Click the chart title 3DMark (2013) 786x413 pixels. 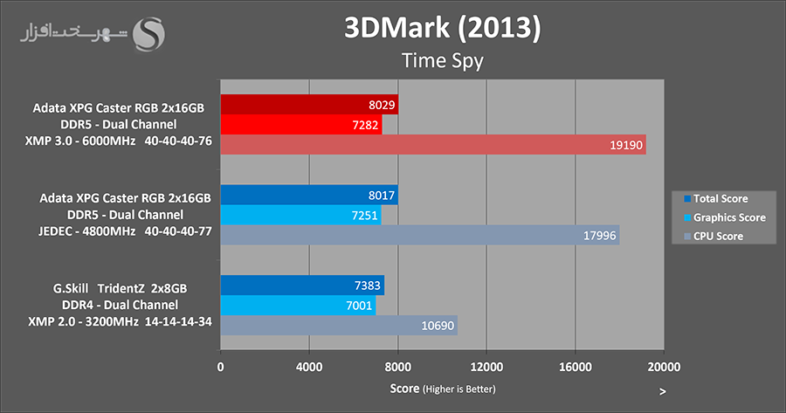click(442, 28)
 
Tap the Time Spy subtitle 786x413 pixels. click(442, 60)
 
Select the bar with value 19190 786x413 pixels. click(433, 145)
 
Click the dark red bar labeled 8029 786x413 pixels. click(309, 105)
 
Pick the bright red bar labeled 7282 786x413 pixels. click(301, 125)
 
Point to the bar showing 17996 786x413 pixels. click(420, 235)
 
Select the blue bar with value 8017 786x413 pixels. click(309, 195)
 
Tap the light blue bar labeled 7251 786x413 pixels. click(300, 215)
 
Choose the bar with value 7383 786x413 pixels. click(302, 286)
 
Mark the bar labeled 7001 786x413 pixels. click(298, 305)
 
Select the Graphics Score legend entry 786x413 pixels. click(724, 217)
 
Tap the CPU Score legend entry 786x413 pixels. click(715, 237)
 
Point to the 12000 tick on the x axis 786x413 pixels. click(486, 366)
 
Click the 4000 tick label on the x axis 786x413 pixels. click(309, 366)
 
